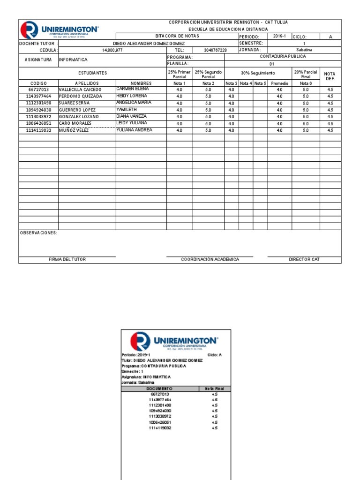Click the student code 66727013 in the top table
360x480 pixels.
tap(38, 90)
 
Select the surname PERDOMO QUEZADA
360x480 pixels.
tap(80, 96)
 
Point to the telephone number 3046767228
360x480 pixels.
tap(216, 50)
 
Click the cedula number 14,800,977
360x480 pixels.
tap(112, 50)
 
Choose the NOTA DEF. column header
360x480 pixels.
tap(330, 76)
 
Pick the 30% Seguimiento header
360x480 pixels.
tap(258, 73)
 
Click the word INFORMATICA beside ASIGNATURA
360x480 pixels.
tap(73, 60)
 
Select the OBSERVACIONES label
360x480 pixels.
tap(38, 233)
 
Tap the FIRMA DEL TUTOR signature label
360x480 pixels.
tap(67, 260)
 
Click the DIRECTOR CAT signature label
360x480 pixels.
tap(304, 260)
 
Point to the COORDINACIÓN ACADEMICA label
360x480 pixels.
tap(210, 260)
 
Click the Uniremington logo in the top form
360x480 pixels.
tap(60, 30)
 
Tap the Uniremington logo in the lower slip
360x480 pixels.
tap(174, 340)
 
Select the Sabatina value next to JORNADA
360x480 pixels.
tap(304, 50)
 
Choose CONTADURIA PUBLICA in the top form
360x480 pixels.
tap(283, 56)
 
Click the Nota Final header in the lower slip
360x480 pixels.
tap(215, 389)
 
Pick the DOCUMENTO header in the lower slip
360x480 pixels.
tap(159, 389)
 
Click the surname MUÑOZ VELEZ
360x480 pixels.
tap(74, 131)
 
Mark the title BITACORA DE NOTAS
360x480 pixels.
tap(177, 36)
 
